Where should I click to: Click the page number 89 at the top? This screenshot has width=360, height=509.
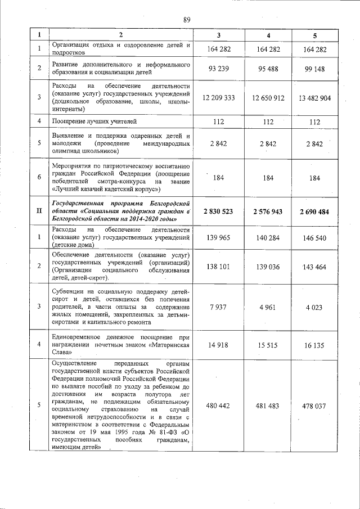[x=187, y=20]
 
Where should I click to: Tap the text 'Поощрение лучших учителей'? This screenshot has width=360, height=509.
[x=94, y=121]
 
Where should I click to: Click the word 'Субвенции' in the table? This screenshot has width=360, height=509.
[x=68, y=292]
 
